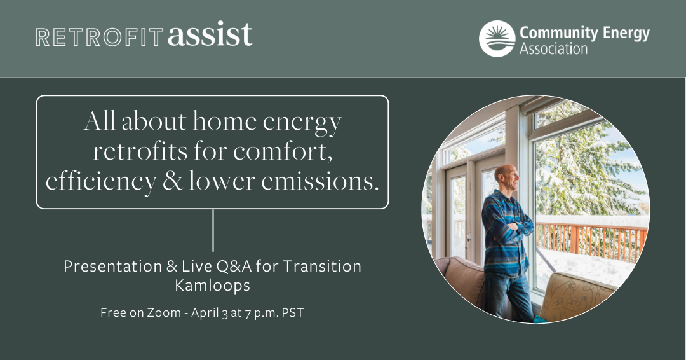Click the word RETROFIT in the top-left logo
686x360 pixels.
(100, 37)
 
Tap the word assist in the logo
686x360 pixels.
(210, 34)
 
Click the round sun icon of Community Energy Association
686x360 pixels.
(497, 39)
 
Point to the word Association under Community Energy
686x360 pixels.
(553, 49)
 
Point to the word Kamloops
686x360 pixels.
(212, 286)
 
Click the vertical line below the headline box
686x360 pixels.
(213, 230)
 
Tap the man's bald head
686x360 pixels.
(503, 175)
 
